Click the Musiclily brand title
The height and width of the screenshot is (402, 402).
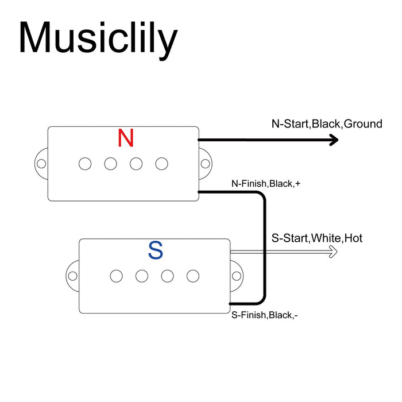tap(98, 38)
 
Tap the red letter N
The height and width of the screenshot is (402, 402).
tap(126, 138)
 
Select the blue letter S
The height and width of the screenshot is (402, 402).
tap(156, 250)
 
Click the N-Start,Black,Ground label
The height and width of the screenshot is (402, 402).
tap(327, 123)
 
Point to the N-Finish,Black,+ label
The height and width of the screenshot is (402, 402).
tap(266, 184)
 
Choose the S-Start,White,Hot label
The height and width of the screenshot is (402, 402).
tap(316, 238)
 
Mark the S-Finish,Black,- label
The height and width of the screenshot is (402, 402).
tap(264, 315)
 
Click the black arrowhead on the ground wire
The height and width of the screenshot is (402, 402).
tap(333, 140)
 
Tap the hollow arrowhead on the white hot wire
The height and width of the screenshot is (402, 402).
tap(332, 251)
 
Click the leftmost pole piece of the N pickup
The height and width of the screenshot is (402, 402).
tap(85, 164)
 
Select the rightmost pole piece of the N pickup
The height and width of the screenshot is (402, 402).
tap(161, 164)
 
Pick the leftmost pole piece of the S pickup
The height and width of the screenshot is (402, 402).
tap(117, 276)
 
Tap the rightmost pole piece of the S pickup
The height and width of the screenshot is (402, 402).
tap(193, 276)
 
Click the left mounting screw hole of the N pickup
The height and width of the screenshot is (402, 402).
tap(41, 164)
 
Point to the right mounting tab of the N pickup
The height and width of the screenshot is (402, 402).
tap(204, 164)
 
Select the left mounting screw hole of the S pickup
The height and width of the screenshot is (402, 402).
tap(72, 276)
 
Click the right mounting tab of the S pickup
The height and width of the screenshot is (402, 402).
tap(236, 276)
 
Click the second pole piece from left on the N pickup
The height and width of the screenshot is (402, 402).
tap(110, 164)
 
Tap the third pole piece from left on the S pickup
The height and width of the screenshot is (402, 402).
tap(167, 276)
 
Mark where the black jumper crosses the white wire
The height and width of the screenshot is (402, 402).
tap(264, 251)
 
